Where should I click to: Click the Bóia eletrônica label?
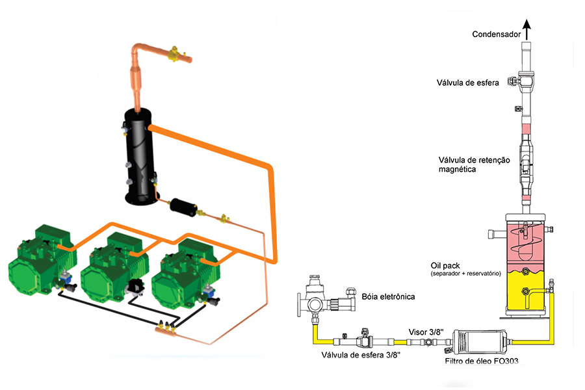(x=387, y=297)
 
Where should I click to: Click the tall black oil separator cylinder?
(x=140, y=156)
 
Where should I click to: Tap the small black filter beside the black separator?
(x=182, y=208)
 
